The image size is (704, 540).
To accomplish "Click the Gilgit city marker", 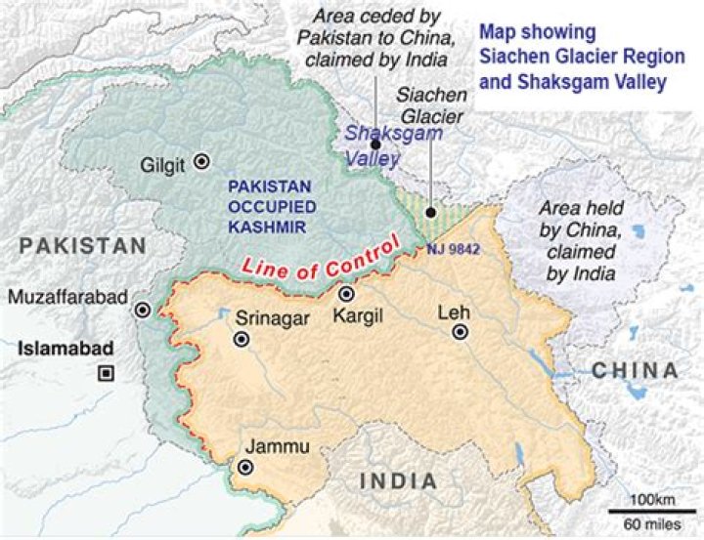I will coord(202,162).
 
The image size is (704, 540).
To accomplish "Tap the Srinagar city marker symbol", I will coord(241,340).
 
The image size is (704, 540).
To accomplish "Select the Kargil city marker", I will coord(345,294).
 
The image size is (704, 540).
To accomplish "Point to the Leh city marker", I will coord(460,333).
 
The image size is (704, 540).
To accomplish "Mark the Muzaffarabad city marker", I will coord(143,310).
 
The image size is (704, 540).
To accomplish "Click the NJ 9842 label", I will coord(454,250).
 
